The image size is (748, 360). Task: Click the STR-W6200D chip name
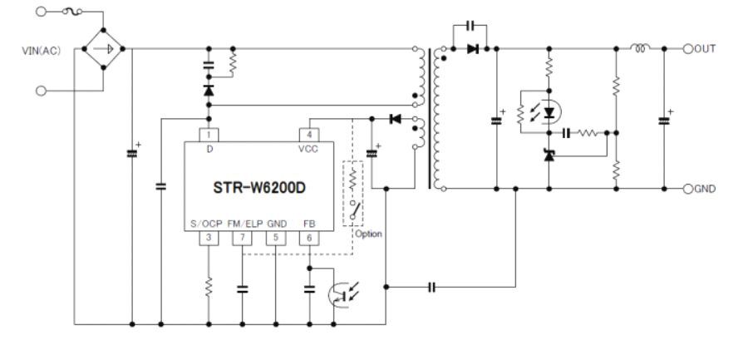pyautogui.click(x=259, y=188)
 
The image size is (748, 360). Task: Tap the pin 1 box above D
pyautogui.click(x=209, y=136)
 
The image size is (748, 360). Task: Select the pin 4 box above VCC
pyautogui.click(x=309, y=136)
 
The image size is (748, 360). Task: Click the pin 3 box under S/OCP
pyautogui.click(x=209, y=239)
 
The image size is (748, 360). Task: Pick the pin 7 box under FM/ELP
pyautogui.click(x=243, y=239)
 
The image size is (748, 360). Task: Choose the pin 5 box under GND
pyautogui.click(x=276, y=239)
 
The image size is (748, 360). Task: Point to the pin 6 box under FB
pyautogui.click(x=309, y=239)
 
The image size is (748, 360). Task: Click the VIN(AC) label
pyautogui.click(x=41, y=51)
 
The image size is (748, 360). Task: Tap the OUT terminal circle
pyautogui.click(x=687, y=49)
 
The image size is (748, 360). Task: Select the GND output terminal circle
pyautogui.click(x=687, y=189)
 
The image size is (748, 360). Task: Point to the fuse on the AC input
pyautogui.click(x=72, y=11)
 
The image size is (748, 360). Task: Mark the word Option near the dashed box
pyautogui.click(x=368, y=234)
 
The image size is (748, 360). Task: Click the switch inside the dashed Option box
pyautogui.click(x=354, y=210)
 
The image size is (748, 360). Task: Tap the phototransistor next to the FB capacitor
pyautogui.click(x=341, y=294)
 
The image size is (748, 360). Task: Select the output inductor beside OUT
pyautogui.click(x=640, y=47)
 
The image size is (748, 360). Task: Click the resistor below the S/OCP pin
pyautogui.click(x=209, y=288)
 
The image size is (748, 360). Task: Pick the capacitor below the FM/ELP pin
pyautogui.click(x=243, y=288)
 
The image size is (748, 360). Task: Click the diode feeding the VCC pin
pyautogui.click(x=395, y=119)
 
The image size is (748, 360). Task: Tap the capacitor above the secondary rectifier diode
pyautogui.click(x=470, y=26)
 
